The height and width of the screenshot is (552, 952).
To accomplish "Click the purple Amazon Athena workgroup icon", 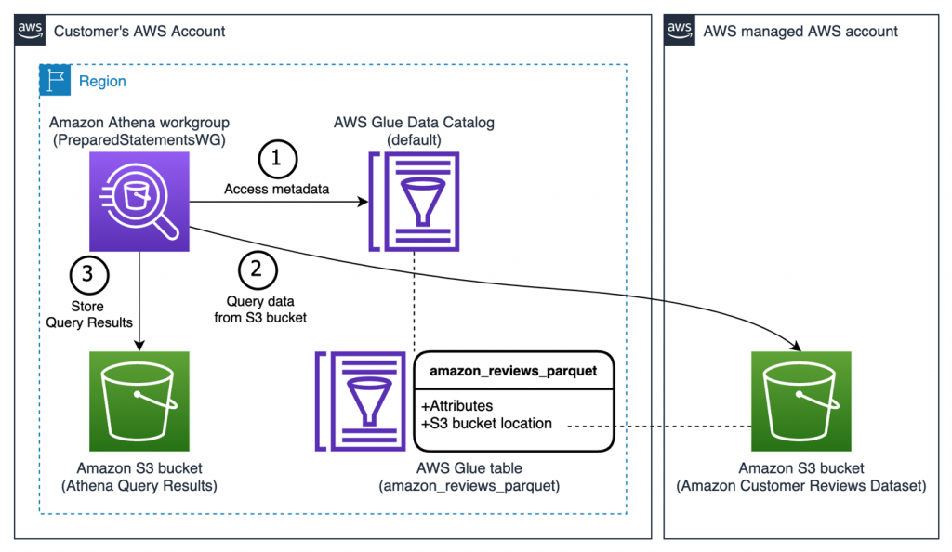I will pyautogui.click(x=139, y=202).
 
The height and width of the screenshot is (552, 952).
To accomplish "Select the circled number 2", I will pyautogui.click(x=258, y=271).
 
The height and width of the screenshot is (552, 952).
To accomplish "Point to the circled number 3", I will pyautogui.click(x=89, y=274).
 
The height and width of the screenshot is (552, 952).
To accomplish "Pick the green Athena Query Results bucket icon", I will pyautogui.click(x=139, y=401).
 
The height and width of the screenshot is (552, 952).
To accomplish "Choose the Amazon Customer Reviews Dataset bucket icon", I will pyautogui.click(x=800, y=401).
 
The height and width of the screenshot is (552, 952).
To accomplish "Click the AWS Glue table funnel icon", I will pyautogui.click(x=359, y=401).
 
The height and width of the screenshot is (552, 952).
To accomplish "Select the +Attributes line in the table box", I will pyautogui.click(x=456, y=406).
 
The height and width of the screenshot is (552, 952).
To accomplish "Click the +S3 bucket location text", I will pyautogui.click(x=486, y=424).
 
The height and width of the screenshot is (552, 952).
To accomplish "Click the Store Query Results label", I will pyautogui.click(x=89, y=314).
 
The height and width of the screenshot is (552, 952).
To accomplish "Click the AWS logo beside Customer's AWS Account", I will pyautogui.click(x=31, y=31).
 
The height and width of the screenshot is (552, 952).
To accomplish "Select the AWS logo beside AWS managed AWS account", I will pyautogui.click(x=680, y=31).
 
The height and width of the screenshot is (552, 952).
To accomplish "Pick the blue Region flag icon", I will pyautogui.click(x=54, y=80).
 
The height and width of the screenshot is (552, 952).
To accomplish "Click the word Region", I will pyautogui.click(x=102, y=81).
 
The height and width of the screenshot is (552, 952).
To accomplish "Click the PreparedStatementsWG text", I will pyautogui.click(x=139, y=140).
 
